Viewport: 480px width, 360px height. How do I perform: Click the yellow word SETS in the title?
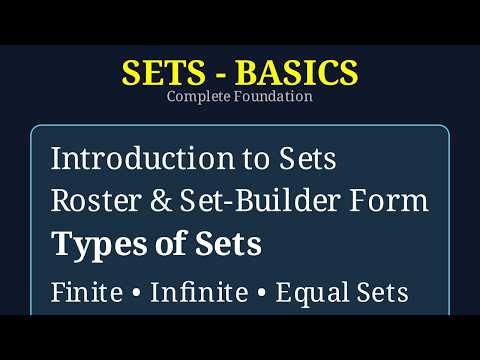click(x=157, y=72)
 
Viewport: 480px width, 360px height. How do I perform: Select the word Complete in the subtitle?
click(x=199, y=97)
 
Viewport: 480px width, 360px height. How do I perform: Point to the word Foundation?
click(x=274, y=97)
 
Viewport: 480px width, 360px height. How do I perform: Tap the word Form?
click(x=393, y=201)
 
